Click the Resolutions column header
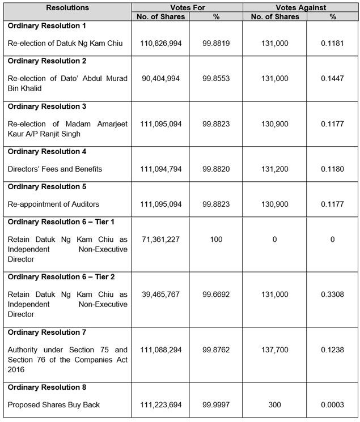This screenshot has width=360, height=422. [67, 7]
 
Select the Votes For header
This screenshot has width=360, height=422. [187, 7]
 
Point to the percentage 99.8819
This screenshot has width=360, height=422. [215, 43]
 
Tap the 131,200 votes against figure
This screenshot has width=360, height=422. [274, 169]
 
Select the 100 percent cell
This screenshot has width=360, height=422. [215, 240]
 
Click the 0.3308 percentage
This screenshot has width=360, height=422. [332, 295]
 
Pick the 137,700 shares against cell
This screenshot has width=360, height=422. [274, 350]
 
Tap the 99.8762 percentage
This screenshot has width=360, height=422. [215, 350]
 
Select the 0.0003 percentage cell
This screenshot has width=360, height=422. [332, 405]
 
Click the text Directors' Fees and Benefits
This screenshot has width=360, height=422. [55, 169]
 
